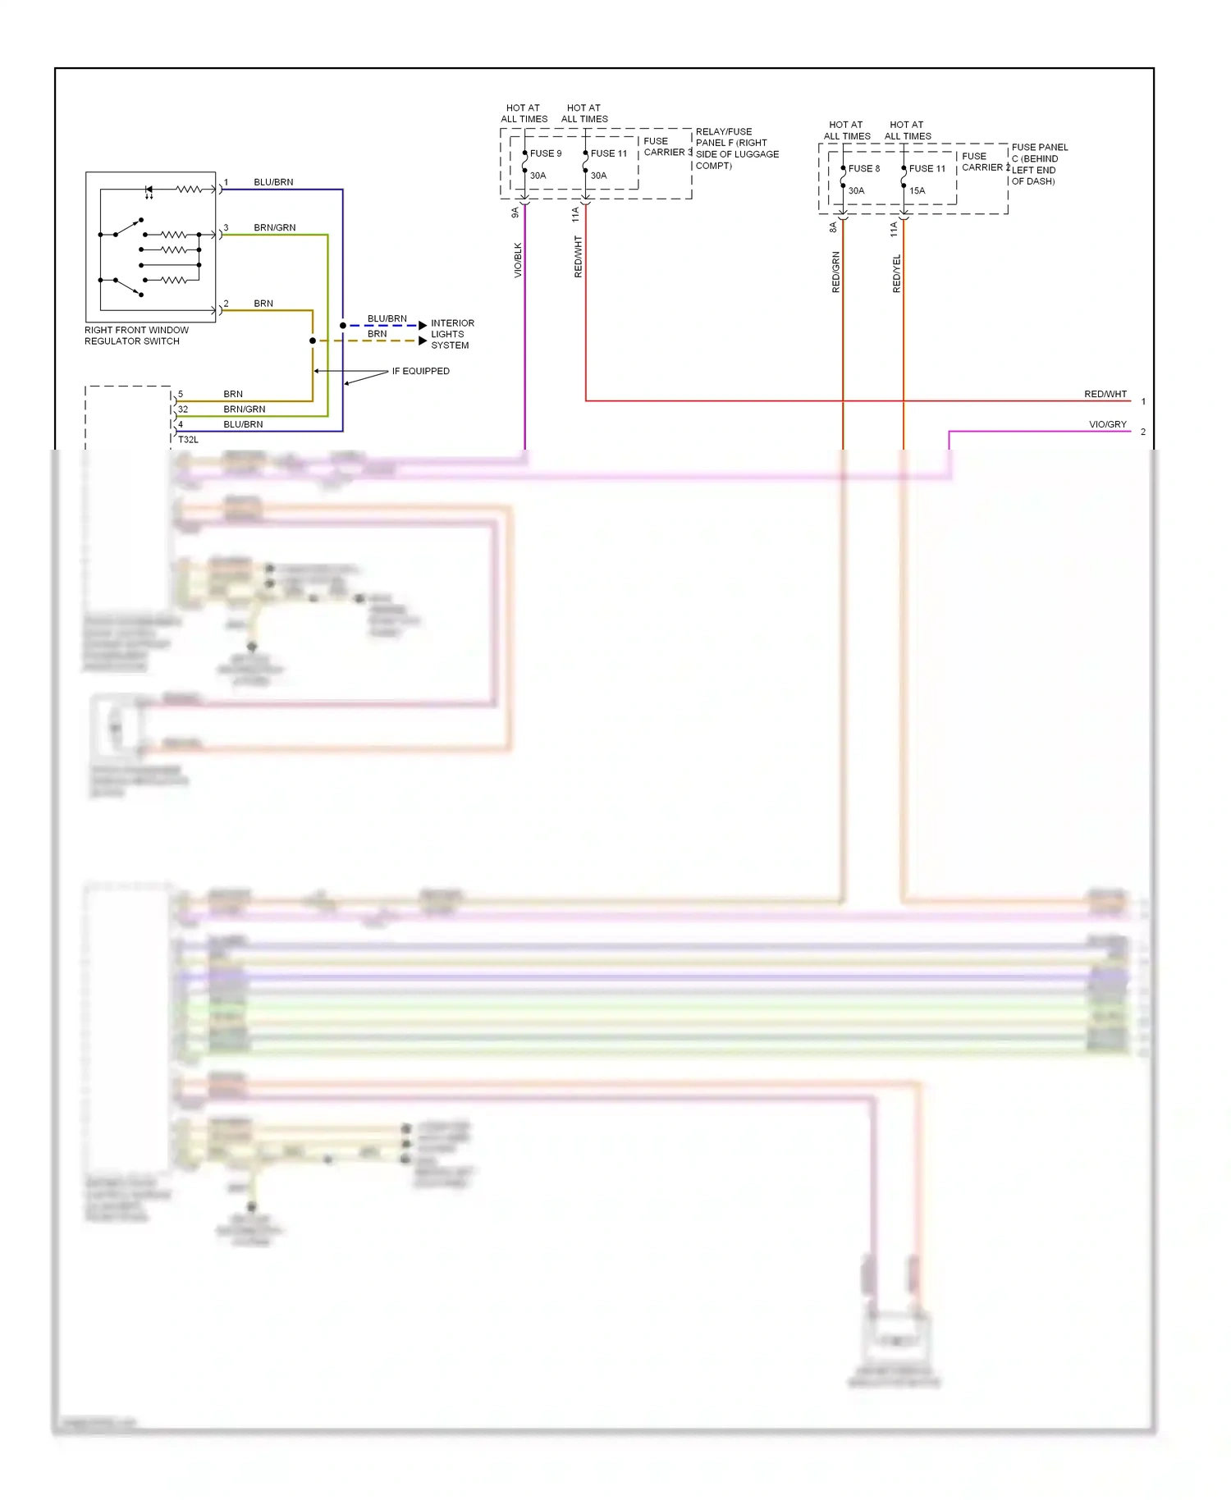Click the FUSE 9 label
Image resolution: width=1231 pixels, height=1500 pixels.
coord(546,153)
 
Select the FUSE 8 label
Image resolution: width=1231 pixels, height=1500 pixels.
coord(863,169)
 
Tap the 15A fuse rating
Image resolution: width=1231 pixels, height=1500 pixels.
coord(917,191)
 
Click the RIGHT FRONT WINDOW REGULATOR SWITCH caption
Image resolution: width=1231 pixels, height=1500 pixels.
coord(136,336)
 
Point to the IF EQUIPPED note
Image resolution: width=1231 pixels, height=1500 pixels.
coord(420,372)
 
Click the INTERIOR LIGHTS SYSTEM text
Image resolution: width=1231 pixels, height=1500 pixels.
coord(451,335)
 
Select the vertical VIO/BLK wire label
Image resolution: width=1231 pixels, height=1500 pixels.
coord(518,260)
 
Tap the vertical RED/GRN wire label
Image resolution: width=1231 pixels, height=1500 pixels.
coord(836,272)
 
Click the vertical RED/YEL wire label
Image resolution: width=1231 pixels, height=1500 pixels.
coord(896,273)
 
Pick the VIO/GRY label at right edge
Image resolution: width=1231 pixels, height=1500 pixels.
coord(1107,425)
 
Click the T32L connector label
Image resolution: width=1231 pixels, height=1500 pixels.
coord(188,440)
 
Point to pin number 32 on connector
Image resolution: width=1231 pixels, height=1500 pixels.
coord(183,409)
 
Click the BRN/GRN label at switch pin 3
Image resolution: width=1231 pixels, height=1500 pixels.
coord(274,228)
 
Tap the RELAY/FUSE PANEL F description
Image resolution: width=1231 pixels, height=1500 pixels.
coord(736,149)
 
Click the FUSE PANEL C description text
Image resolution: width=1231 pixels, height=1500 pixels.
coord(1039,164)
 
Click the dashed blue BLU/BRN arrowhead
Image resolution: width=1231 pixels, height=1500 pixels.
coord(423,326)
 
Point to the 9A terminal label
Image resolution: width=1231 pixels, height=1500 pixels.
coord(515,213)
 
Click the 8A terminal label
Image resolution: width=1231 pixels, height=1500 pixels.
coord(833,227)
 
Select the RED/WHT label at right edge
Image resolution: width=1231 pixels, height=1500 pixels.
coord(1105,395)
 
